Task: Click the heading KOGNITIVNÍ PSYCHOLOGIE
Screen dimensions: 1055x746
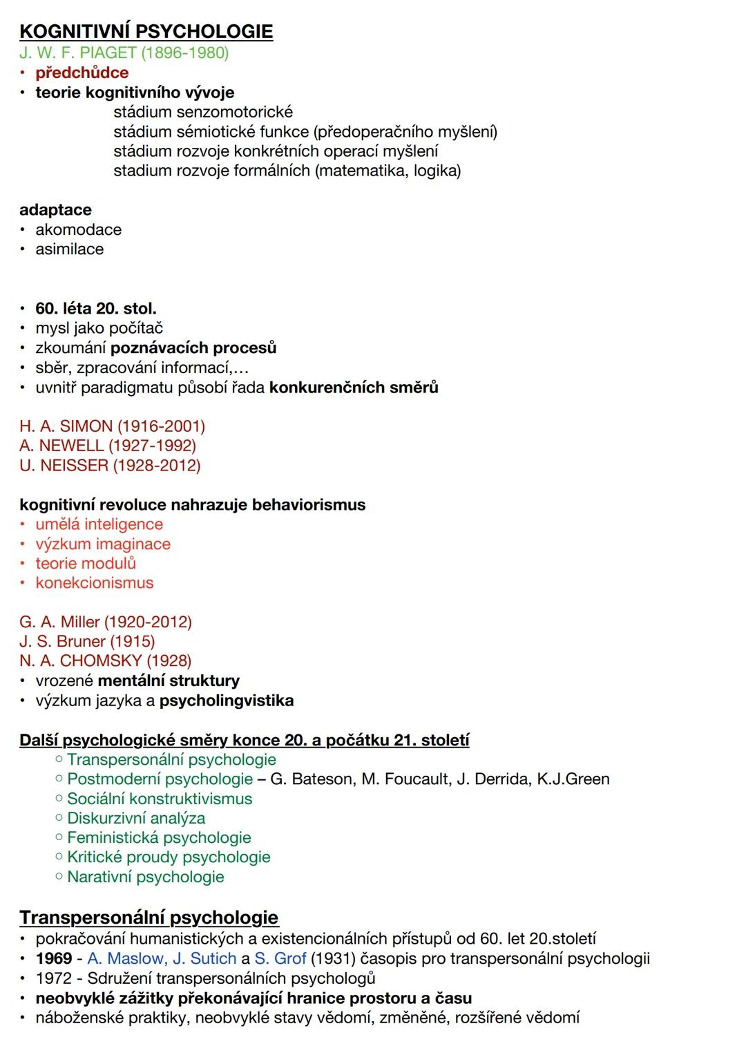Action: click(x=146, y=31)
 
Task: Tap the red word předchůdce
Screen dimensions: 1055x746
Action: click(x=82, y=73)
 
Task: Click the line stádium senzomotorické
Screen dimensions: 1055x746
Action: click(x=203, y=112)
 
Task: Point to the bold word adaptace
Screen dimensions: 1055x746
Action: click(x=55, y=210)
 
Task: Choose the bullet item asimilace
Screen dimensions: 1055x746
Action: click(x=69, y=249)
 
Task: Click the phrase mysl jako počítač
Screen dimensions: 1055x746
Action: click(x=99, y=328)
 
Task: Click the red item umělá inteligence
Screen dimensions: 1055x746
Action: click(x=99, y=524)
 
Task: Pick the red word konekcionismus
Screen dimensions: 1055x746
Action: click(x=95, y=583)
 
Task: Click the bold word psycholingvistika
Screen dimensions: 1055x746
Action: click(x=226, y=701)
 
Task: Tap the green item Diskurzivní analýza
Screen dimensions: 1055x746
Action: click(x=136, y=819)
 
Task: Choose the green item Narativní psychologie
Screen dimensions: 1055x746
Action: click(x=145, y=877)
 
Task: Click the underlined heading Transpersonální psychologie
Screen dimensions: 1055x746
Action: click(x=149, y=918)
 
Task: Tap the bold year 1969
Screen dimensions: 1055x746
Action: click(x=54, y=959)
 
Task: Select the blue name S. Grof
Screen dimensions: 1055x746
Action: click(x=280, y=959)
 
